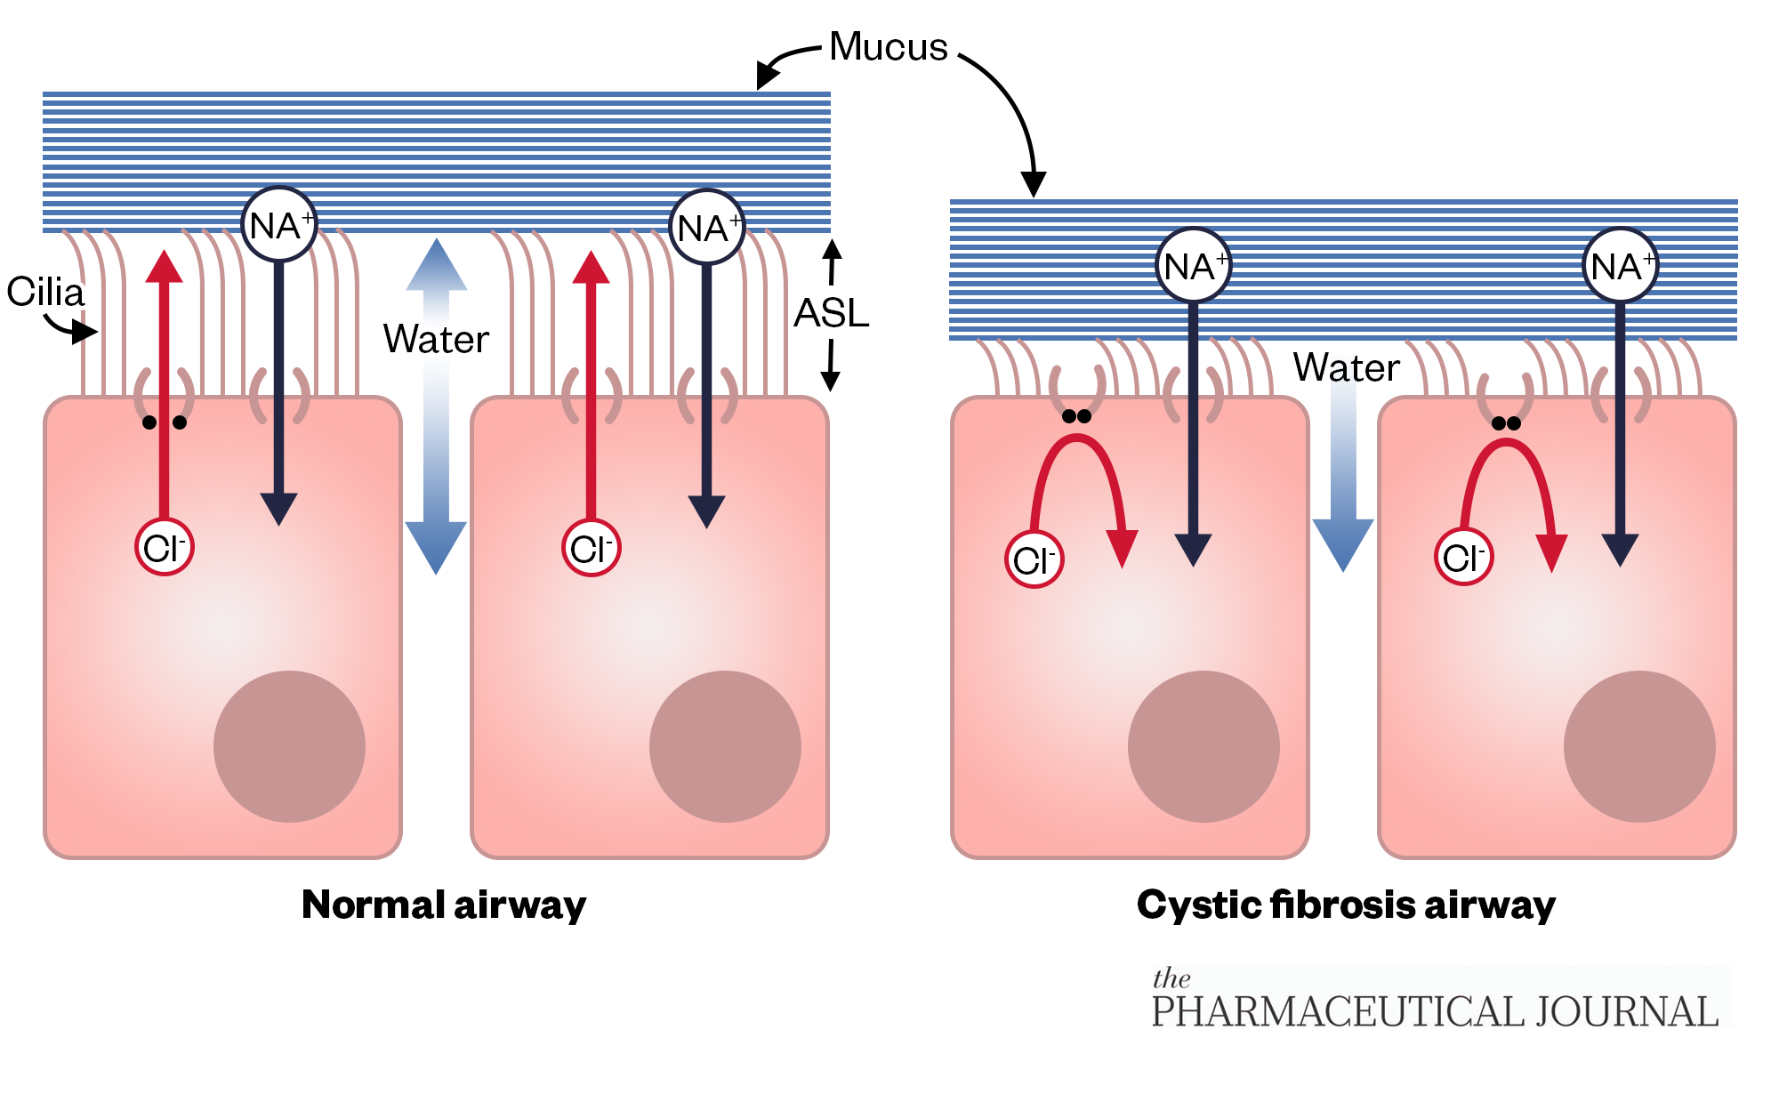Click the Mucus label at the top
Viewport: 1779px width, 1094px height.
(888, 47)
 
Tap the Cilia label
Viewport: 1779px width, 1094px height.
(45, 292)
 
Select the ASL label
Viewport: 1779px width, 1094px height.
(831, 313)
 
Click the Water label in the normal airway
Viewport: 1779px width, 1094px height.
(436, 339)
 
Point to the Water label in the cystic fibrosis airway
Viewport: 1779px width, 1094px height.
(1346, 367)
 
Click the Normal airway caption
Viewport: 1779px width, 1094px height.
(444, 905)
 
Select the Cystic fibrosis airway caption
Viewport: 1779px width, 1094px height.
(1346, 905)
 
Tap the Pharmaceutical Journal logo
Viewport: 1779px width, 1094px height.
(1434, 1001)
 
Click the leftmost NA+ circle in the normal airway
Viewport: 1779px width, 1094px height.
(279, 225)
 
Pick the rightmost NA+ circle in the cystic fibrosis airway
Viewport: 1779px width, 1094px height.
(1621, 266)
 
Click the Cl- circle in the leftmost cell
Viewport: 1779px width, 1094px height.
(165, 547)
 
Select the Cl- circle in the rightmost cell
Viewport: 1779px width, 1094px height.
(1464, 558)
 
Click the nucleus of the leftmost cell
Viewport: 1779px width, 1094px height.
(289, 746)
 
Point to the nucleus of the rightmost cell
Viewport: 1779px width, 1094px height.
(1639, 746)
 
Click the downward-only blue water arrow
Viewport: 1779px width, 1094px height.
(1343, 480)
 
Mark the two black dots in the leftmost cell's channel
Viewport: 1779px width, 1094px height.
(165, 422)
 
